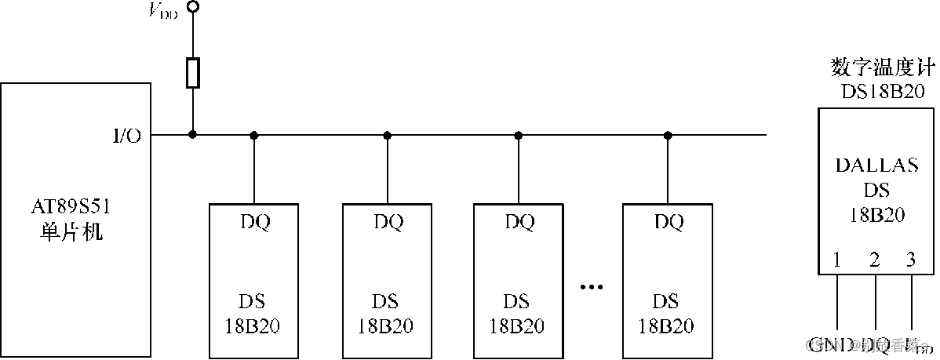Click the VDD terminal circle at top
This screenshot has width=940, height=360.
(x=192, y=7)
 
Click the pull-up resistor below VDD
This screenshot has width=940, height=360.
(x=192, y=73)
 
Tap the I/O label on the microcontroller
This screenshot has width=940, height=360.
(x=126, y=136)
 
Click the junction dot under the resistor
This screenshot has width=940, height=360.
(x=192, y=135)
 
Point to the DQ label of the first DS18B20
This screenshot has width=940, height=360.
(x=254, y=222)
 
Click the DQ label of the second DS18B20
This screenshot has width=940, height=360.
(x=388, y=222)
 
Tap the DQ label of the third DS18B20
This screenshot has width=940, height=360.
(x=519, y=222)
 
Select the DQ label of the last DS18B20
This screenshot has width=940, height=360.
(x=668, y=222)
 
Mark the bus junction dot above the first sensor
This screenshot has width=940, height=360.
(x=253, y=135)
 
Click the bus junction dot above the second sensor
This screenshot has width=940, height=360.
(x=387, y=135)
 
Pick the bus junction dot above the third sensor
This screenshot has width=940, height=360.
(x=518, y=135)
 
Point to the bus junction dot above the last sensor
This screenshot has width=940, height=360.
(x=667, y=135)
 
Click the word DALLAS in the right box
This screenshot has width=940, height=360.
(x=876, y=165)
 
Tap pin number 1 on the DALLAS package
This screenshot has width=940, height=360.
(x=838, y=260)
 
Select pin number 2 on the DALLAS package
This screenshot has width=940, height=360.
(x=874, y=260)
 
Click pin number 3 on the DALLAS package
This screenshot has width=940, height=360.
(x=910, y=260)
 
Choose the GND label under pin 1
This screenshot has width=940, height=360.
(x=825, y=344)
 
